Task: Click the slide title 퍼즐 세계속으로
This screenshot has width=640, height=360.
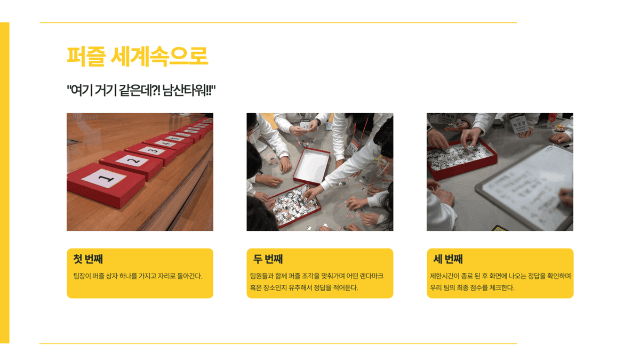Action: click(137, 56)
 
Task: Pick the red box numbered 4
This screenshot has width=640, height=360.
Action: click(166, 143)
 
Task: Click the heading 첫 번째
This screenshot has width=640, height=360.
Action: click(88, 259)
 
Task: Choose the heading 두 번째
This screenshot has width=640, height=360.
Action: click(268, 259)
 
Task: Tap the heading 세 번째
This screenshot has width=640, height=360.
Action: click(448, 259)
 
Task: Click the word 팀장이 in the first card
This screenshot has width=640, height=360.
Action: click(82, 276)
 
